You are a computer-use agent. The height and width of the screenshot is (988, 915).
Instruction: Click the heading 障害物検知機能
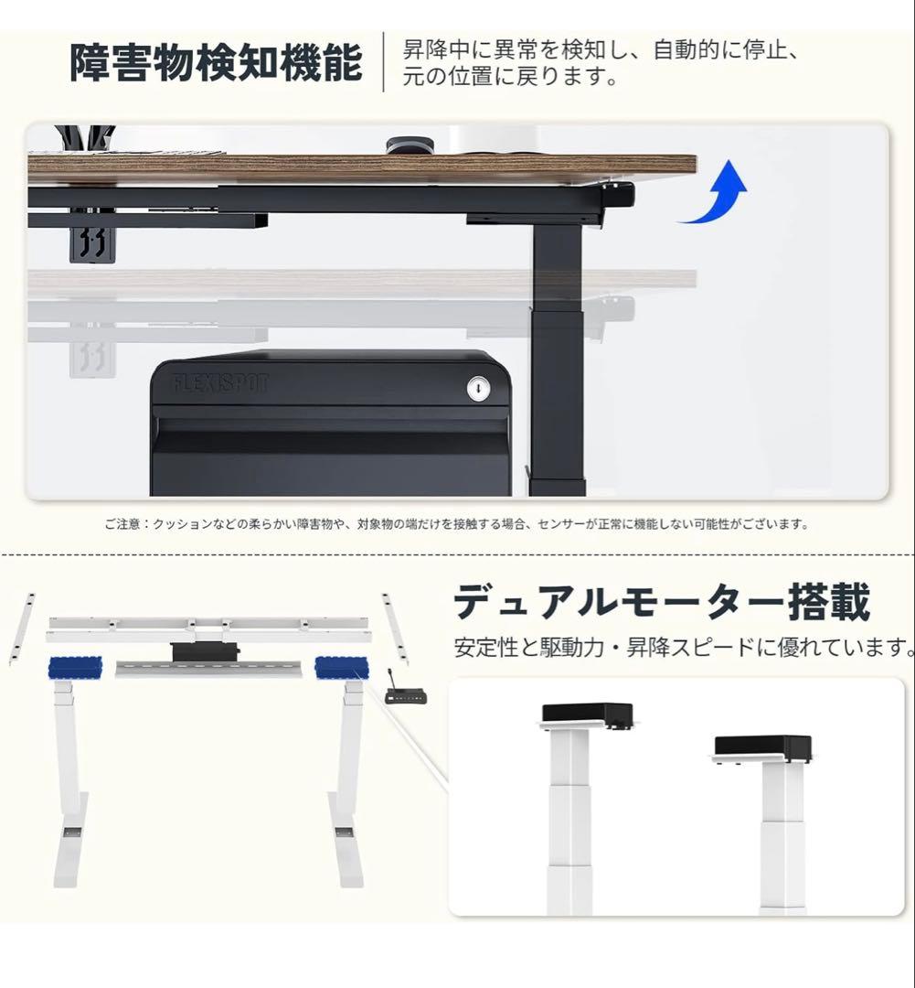click(x=217, y=62)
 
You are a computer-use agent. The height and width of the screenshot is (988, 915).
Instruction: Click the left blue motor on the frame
click(x=75, y=668)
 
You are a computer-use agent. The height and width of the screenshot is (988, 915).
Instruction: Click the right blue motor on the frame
click(x=342, y=668)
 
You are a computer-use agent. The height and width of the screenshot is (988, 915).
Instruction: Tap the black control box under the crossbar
click(x=205, y=651)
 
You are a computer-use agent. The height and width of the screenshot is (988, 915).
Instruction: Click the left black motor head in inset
click(x=587, y=713)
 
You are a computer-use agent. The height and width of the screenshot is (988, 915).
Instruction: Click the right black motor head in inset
click(x=762, y=746)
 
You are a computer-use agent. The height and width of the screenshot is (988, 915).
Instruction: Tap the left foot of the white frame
click(x=69, y=851)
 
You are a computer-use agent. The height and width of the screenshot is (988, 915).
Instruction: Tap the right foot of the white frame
click(x=346, y=851)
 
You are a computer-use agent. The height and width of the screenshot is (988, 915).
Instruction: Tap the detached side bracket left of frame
click(x=21, y=628)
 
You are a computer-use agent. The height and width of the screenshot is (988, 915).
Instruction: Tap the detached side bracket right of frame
click(x=395, y=628)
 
